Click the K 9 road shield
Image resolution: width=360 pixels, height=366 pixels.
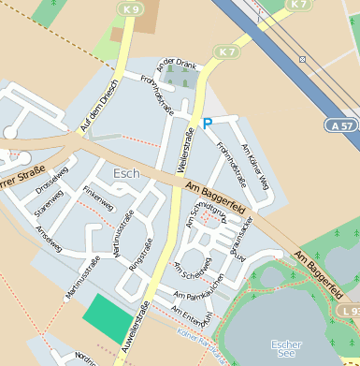coord(131,9)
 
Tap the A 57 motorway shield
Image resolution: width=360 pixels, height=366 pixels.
coord(341,124)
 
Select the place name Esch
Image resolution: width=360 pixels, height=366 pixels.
coord(125,174)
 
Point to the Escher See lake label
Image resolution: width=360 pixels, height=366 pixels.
coord(286,349)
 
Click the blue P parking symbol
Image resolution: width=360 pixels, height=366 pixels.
coord(208,124)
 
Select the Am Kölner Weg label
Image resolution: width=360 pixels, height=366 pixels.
coord(254,166)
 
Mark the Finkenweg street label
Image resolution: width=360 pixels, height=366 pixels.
coord(98,197)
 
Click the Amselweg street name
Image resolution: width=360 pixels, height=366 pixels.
coord(49,241)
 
